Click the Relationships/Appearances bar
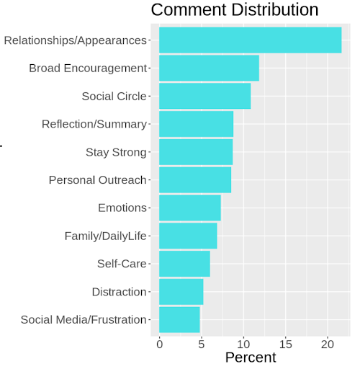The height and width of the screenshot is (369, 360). click(251, 40)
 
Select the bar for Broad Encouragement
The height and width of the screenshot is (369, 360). click(209, 68)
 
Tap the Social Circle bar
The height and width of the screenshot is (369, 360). click(205, 96)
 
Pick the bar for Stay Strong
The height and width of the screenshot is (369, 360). click(196, 152)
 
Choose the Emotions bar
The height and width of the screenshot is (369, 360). click(190, 208)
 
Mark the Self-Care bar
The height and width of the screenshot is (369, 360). click(184, 264)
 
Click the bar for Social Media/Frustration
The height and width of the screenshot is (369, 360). click(179, 320)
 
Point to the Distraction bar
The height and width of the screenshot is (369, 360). click(181, 292)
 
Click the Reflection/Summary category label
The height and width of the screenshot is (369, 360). click(94, 125)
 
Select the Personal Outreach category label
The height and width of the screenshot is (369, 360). click(97, 180)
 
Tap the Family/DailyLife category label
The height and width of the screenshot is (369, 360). click(105, 236)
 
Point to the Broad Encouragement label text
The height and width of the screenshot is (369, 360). click(88, 68)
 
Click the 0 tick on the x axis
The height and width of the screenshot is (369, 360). click(160, 344)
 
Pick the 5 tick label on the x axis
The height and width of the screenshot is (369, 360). click(202, 344)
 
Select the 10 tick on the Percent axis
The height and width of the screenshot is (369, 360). click(243, 344)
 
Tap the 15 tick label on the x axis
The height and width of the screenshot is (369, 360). click(286, 344)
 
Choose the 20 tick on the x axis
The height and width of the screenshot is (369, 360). click(328, 344)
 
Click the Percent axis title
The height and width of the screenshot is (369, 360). click(251, 357)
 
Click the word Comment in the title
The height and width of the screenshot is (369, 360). click(189, 10)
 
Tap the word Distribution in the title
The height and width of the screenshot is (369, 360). click(275, 10)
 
